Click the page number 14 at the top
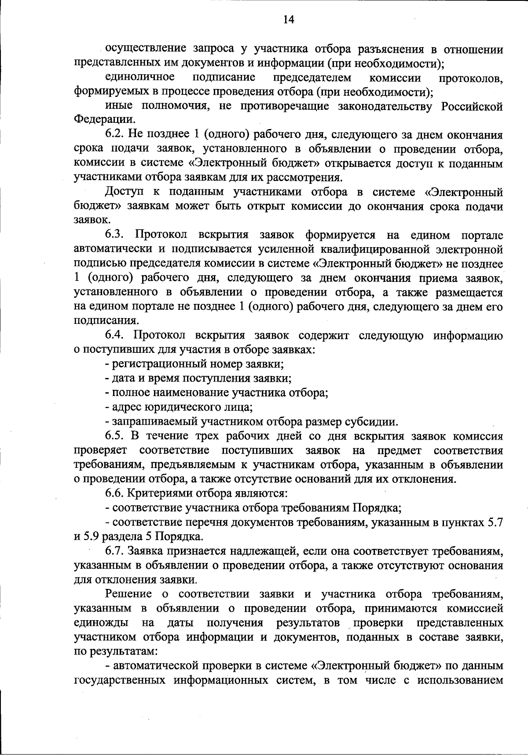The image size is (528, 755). tap(288, 19)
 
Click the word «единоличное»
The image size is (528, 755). tap(140, 78)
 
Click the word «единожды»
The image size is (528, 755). tap(102, 623)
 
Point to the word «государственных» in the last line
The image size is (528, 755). tap(119, 680)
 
